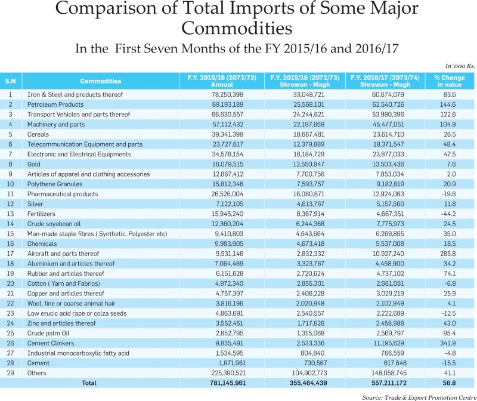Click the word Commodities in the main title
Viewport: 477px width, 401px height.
pyautogui.click(x=237, y=28)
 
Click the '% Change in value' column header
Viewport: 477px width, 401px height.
pyautogui.click(x=450, y=81)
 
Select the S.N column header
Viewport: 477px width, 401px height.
pyautogui.click(x=10, y=81)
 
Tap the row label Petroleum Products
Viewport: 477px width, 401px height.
pyautogui.click(x=55, y=104)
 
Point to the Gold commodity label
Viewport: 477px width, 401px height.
pyautogui.click(x=34, y=164)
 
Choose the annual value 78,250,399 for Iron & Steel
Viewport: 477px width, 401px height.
pyautogui.click(x=228, y=94)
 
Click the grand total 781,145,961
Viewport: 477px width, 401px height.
pyautogui.click(x=228, y=383)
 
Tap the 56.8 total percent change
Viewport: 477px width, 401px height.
pyautogui.click(x=450, y=383)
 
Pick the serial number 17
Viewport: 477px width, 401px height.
pyautogui.click(x=10, y=254)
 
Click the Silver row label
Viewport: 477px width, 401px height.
pyautogui.click(x=35, y=204)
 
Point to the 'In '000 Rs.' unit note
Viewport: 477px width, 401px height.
pyautogui.click(x=460, y=66)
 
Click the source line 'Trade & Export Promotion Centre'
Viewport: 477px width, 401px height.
pyautogui.click(x=430, y=397)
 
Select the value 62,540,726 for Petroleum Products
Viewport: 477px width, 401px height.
pyautogui.click(x=388, y=104)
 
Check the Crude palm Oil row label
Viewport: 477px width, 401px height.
pyautogui.click(x=48, y=333)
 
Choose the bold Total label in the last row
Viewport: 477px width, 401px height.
pyautogui.click(x=89, y=383)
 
